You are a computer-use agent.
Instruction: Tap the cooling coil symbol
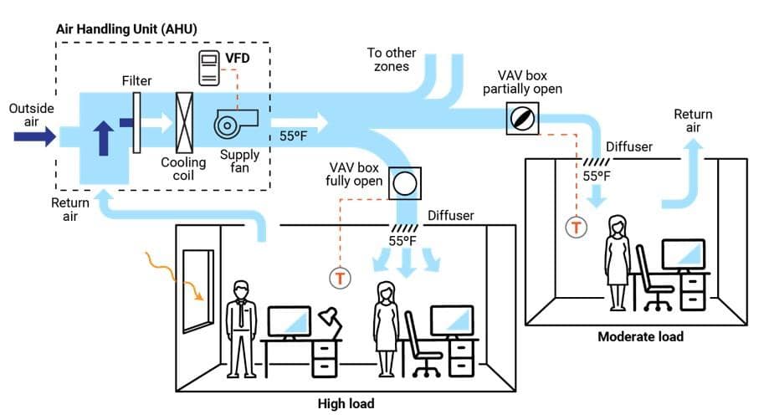184,123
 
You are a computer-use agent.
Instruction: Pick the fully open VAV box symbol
405,182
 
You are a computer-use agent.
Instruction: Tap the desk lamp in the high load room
328,321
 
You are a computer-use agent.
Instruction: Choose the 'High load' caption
345,403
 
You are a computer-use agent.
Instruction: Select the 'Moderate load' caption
640,336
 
